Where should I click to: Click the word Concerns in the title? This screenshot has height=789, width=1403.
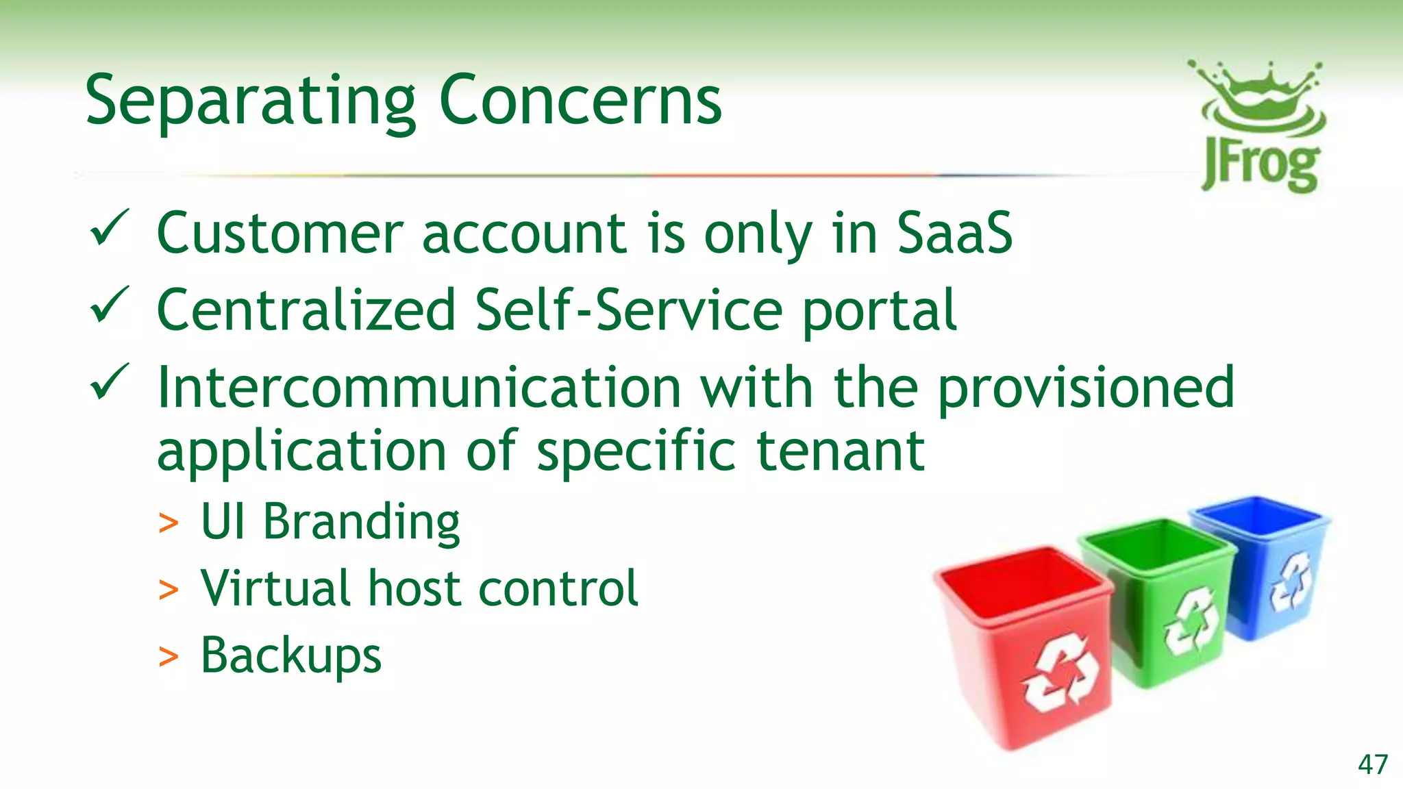[x=580, y=101]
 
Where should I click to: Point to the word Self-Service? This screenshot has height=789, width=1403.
[x=628, y=310]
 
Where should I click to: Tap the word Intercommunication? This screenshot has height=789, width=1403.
[x=419, y=388]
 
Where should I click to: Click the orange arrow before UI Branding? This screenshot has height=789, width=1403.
[x=168, y=524]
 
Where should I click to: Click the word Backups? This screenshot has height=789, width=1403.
[x=290, y=656]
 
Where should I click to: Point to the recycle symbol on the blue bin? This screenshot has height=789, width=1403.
[x=1291, y=582]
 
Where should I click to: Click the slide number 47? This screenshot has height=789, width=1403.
[x=1373, y=764]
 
